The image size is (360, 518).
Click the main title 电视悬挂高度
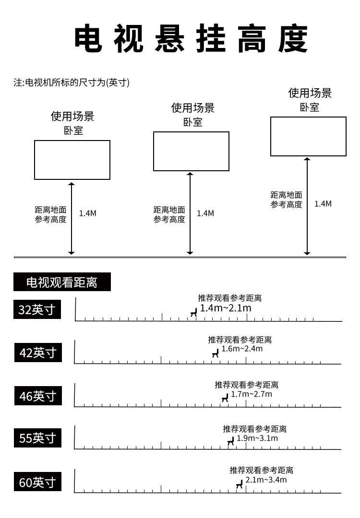[x=191, y=38]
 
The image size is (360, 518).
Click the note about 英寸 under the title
[x=72, y=82]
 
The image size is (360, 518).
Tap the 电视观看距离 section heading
[x=62, y=282]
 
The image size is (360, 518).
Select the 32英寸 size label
[x=37, y=309]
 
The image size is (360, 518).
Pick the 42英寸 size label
[x=38, y=353]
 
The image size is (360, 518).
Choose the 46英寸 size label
[x=38, y=396]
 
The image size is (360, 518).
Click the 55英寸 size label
[x=38, y=438]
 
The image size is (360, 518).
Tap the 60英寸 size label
[x=38, y=482]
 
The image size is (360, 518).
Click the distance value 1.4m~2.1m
[x=226, y=308]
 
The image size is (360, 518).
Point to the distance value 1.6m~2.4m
[x=242, y=349]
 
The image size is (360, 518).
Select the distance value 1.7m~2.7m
[x=251, y=394]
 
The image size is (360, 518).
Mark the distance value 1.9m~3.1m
[x=257, y=438]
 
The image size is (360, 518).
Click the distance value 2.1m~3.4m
[x=266, y=480]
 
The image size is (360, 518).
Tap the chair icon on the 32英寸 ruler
[x=194, y=312]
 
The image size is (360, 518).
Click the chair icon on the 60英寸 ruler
[x=240, y=484]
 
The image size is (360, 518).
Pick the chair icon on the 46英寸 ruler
[x=225, y=398]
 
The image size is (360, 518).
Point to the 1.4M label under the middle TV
[x=205, y=213]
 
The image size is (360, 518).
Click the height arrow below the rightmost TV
[x=307, y=206]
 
